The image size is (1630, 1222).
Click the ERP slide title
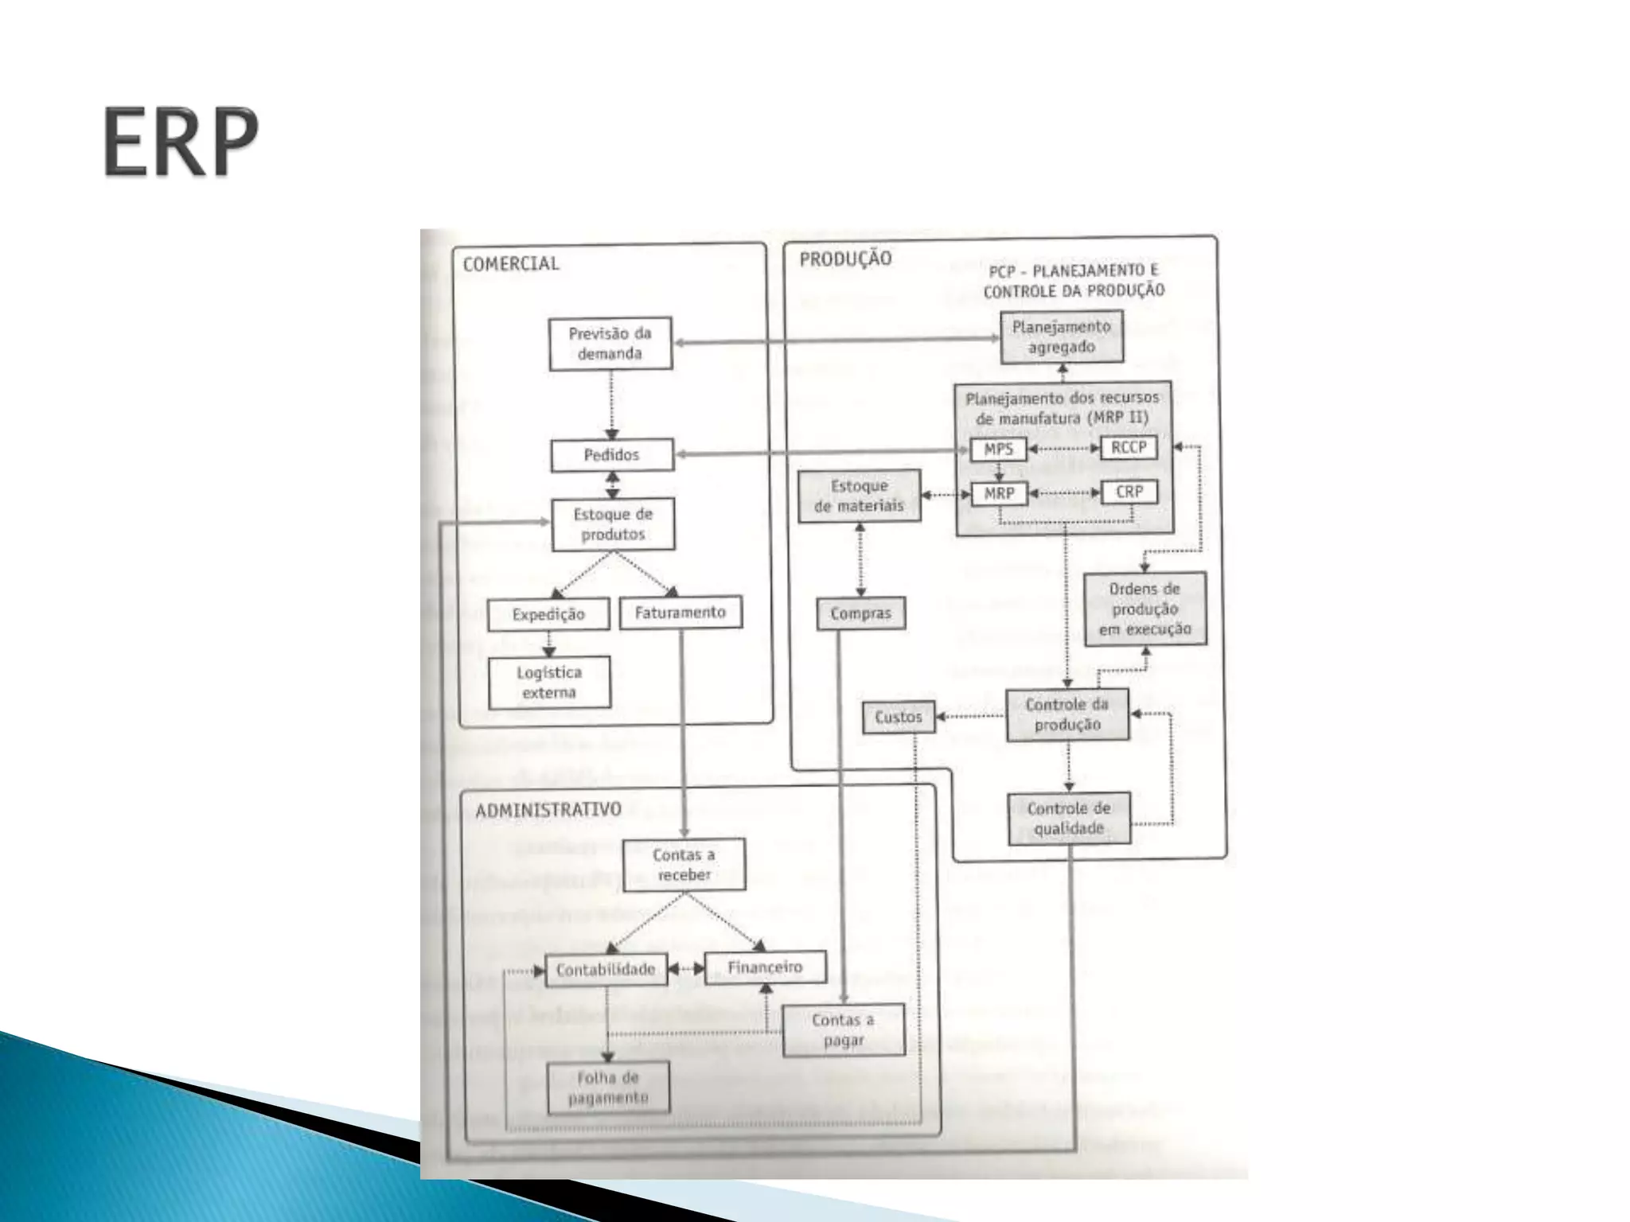coord(181,142)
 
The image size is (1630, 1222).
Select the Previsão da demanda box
coord(610,344)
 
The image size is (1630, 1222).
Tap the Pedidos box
coord(612,455)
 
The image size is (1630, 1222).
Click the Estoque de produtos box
coord(613,524)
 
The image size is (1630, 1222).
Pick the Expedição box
coord(548,614)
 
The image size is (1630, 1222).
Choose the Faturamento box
coord(680,613)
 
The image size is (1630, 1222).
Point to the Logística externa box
coord(549,683)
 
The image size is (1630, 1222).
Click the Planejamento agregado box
coord(1062,337)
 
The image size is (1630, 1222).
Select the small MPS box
coord(999,449)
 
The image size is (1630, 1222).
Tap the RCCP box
coord(1129,448)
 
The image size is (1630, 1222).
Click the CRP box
coord(1129,492)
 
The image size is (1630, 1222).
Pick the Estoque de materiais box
coord(860,496)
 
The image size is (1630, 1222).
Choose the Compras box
coord(861,613)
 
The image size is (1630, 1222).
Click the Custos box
coord(899,717)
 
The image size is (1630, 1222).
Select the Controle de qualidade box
coord(1069,819)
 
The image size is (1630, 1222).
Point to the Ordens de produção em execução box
coord(1145,609)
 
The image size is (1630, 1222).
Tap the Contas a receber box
coord(684,865)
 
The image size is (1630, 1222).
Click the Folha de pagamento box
coord(609,1088)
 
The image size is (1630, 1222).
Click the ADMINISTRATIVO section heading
coord(548,810)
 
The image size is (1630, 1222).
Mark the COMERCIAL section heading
coord(511,264)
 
